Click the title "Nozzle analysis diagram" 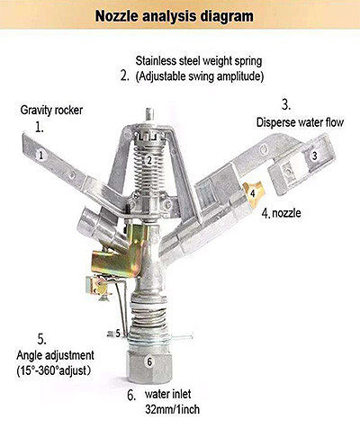pos(174,16)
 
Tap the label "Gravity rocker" pos(51,111)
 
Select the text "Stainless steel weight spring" pos(199,61)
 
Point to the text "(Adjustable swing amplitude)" pos(200,76)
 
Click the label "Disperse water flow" pos(300,122)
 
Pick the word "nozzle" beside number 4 pos(286,213)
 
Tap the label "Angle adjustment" pos(55,355)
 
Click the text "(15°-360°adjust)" pos(53,370)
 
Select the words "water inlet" pos(167,394)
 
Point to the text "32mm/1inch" pos(172,409)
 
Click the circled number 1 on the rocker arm pos(41,155)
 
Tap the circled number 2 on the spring pos(149,160)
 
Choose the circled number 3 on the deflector pos(314,156)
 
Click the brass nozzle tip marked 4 pos(253,194)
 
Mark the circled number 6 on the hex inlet pos(149,362)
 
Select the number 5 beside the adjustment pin pos(118,333)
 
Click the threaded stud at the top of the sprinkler pos(149,115)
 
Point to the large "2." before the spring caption pos(125,76)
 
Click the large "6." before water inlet pos(131,396)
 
